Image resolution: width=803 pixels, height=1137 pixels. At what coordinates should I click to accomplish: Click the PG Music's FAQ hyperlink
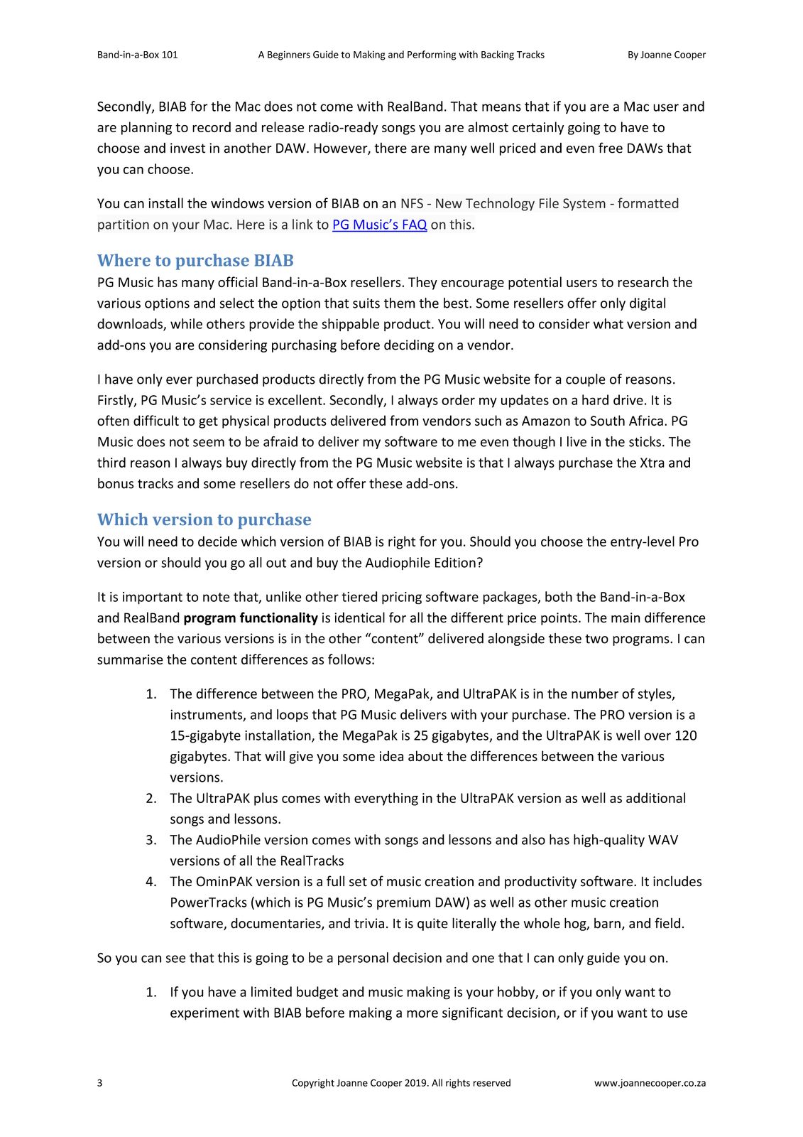379,225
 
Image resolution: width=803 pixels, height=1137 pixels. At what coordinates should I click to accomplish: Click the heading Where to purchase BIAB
195,260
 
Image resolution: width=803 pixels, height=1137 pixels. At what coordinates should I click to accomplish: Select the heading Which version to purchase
204,519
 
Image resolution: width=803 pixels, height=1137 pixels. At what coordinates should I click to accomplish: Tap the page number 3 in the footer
99,1083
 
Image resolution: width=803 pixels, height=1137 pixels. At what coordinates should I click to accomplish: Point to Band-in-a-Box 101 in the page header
137,55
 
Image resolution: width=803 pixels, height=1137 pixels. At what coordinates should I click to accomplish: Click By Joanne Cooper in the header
666,55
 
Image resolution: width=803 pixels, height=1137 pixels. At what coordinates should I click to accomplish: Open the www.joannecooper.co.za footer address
650,1083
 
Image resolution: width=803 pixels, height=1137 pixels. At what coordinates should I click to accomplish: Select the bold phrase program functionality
250,618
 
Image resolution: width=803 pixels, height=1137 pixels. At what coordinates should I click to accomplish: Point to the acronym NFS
412,204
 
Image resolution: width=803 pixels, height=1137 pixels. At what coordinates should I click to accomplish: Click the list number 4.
151,882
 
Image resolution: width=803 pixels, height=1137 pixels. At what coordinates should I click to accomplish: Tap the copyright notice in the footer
401,1083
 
